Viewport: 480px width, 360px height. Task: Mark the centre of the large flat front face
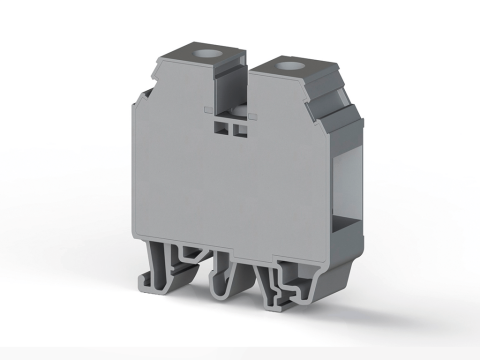coord(225,185)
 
